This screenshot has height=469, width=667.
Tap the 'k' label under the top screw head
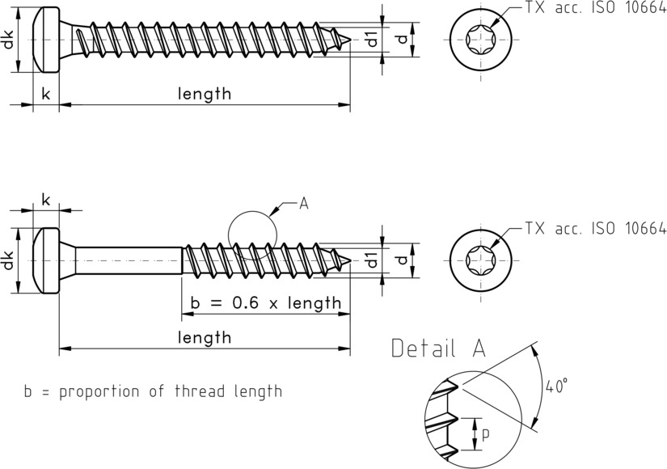(x=45, y=94)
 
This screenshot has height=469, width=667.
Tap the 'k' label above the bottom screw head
(x=45, y=200)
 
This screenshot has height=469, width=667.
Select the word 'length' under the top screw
(x=205, y=94)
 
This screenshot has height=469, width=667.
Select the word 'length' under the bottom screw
(x=205, y=337)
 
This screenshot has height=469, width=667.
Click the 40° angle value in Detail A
(x=555, y=387)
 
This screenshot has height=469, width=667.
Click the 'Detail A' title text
(x=438, y=349)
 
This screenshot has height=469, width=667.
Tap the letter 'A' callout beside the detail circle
(x=304, y=203)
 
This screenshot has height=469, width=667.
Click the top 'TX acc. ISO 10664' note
(x=595, y=8)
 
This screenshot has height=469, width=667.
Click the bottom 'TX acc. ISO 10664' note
(x=595, y=229)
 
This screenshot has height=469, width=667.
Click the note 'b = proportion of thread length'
(x=153, y=392)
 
